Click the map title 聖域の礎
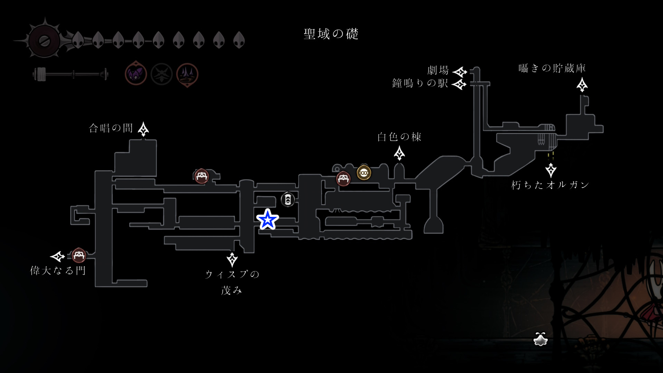click(x=331, y=34)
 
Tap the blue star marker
click(x=268, y=219)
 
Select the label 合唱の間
click(x=111, y=128)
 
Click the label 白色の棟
click(x=399, y=137)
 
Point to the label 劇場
click(x=438, y=70)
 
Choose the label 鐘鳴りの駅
click(x=420, y=84)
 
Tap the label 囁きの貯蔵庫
click(x=552, y=68)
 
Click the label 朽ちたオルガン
click(x=550, y=185)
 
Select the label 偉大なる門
click(x=58, y=270)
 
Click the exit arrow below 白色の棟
click(x=400, y=153)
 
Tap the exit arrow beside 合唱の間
click(x=143, y=129)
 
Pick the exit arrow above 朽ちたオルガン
click(x=551, y=170)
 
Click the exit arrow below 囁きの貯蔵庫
click(x=582, y=85)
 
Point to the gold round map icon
click(x=364, y=173)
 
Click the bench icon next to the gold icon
click(x=343, y=179)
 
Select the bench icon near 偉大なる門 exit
click(x=79, y=256)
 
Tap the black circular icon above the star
click(x=288, y=199)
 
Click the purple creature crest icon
click(x=136, y=74)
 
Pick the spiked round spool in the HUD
click(x=45, y=41)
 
